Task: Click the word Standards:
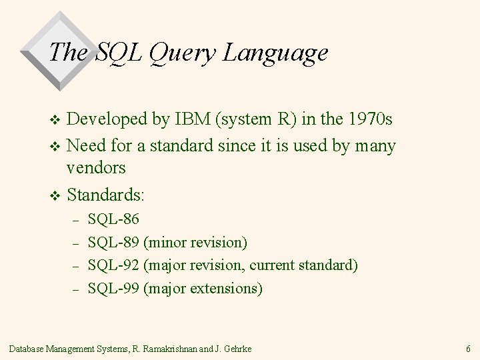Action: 106,196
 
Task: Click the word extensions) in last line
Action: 227,288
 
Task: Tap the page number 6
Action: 469,348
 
